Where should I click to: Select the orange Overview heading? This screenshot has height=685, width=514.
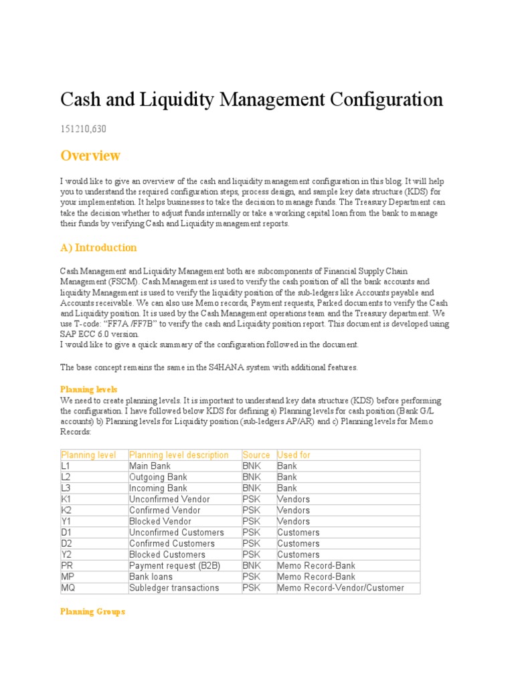pos(90,155)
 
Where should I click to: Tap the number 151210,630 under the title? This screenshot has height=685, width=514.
pos(84,128)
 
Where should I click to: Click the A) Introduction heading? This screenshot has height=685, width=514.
pos(98,248)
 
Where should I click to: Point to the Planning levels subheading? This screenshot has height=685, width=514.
pos(89,389)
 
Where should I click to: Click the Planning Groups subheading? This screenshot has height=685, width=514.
pos(92,611)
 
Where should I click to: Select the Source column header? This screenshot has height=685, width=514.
pos(256,455)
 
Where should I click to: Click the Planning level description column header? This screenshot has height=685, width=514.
pos(179,455)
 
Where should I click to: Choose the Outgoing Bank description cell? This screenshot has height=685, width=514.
pos(158,477)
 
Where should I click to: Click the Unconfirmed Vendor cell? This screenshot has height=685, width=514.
pos(169,499)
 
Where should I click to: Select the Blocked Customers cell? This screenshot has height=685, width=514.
pos(167,555)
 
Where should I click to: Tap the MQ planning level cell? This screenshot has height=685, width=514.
pos(68,588)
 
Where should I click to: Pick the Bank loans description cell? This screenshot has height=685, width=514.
pos(151,577)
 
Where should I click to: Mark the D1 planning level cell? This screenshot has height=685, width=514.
pos(66,532)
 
